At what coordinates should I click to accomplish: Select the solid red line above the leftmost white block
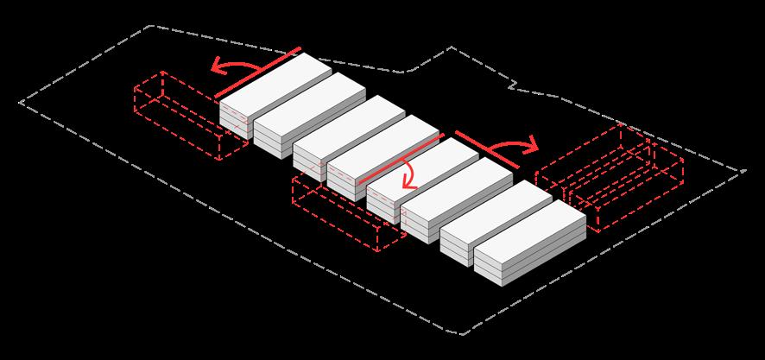pyautogui.click(x=257, y=72)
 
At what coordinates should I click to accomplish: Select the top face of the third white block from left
pyautogui.click(x=350, y=121)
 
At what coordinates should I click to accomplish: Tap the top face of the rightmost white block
pyautogui.click(x=531, y=226)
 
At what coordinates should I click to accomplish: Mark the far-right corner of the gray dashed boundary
pyautogui.click(x=744, y=172)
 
